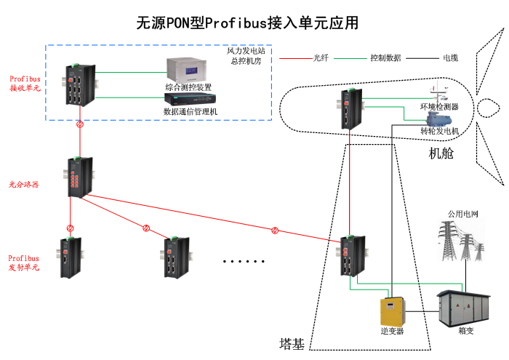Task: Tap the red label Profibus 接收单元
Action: (x=24, y=83)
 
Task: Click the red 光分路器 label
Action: (x=24, y=184)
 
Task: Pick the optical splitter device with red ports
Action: (x=78, y=177)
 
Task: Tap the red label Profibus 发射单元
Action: (x=24, y=263)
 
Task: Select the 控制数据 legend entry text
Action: (x=385, y=57)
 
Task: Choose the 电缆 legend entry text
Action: (x=451, y=57)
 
